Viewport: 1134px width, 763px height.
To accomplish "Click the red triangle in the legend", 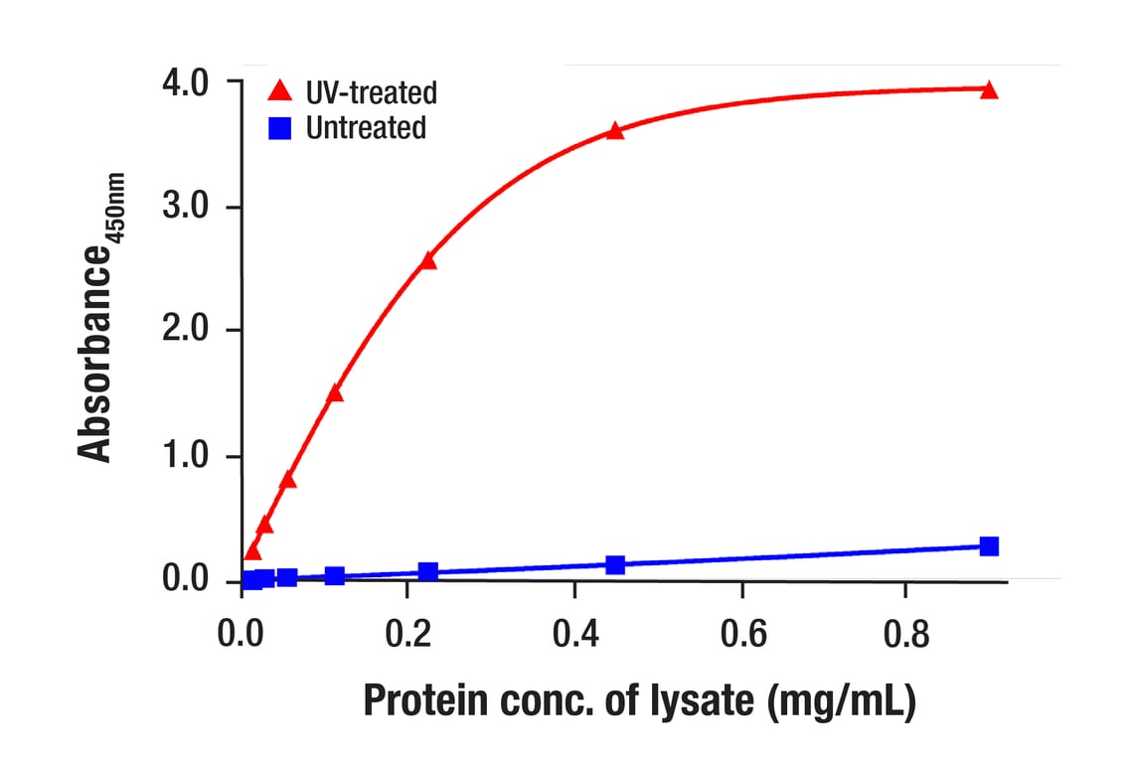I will pyautogui.click(x=280, y=92).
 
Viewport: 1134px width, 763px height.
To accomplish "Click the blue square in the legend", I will pyautogui.click(x=280, y=128).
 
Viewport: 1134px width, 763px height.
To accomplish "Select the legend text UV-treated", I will pyautogui.click(x=372, y=93).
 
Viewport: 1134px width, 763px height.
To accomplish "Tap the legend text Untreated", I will pyautogui.click(x=366, y=128).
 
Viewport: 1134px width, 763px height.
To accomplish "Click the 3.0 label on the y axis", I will pyautogui.click(x=189, y=207).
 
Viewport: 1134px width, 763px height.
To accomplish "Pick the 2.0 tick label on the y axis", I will pyautogui.click(x=189, y=331).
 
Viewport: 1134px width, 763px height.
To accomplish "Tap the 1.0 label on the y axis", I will pyautogui.click(x=189, y=456).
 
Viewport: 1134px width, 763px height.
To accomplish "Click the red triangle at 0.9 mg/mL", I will pyautogui.click(x=988, y=90).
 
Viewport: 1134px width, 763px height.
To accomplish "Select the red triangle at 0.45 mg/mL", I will pyautogui.click(x=615, y=130).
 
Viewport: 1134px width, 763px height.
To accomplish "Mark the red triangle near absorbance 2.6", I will pyautogui.click(x=428, y=260).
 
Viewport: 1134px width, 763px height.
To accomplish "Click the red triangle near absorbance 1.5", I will pyautogui.click(x=335, y=392).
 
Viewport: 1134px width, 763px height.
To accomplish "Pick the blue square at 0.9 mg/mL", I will pyautogui.click(x=988, y=546).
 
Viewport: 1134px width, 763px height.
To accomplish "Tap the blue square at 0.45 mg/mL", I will pyautogui.click(x=615, y=564).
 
